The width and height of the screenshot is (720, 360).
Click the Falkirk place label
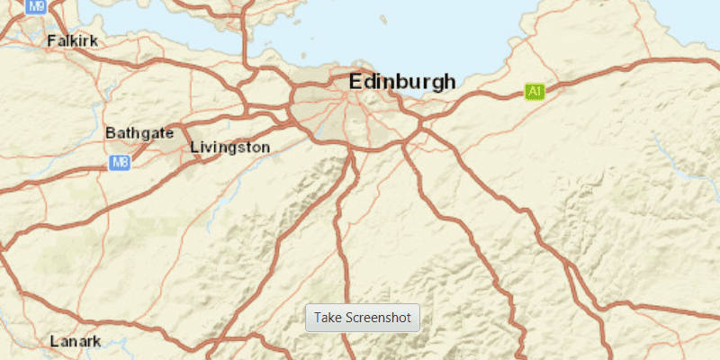(72, 40)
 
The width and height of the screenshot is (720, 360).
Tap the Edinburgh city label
(402, 82)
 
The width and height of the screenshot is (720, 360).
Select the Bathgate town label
(139, 133)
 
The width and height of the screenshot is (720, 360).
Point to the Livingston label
(229, 147)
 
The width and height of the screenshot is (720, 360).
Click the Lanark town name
(76, 341)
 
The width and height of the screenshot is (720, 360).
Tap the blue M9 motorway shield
(36, 6)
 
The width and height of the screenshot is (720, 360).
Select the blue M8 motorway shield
(120, 163)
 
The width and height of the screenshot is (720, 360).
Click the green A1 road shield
(535, 91)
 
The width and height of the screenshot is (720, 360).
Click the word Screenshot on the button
(378, 318)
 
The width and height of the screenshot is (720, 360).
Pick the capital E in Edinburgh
(356, 82)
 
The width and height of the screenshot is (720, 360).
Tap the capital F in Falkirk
(50, 40)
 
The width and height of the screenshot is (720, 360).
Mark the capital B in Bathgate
(111, 133)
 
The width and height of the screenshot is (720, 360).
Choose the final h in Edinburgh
(449, 82)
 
